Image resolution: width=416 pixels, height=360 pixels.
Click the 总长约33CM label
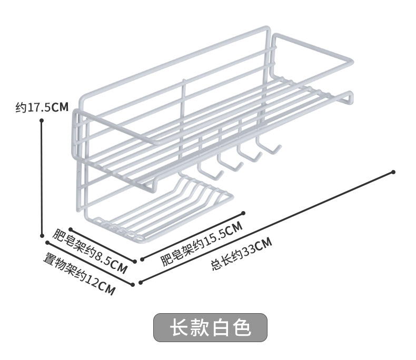coord(242,253)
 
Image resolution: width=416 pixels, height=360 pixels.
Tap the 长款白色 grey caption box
coord(210,327)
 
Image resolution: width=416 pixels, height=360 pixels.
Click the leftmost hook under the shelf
coord(206,171)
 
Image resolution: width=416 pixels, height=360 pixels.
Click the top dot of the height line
coord(42,121)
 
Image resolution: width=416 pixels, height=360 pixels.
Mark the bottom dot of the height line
coord(42,236)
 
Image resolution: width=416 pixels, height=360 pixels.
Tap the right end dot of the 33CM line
coord(393,172)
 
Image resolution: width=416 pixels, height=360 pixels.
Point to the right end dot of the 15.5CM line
coord(243,213)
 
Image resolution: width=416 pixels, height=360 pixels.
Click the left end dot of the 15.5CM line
coord(141,259)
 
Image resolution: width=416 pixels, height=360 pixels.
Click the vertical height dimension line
coord(42,179)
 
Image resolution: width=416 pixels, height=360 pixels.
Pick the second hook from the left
coord(227,164)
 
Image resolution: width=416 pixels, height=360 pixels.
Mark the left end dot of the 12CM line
coord(47,243)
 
